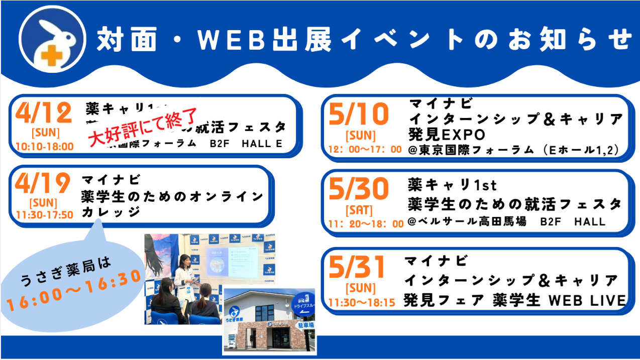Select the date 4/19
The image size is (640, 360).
(x=42, y=184)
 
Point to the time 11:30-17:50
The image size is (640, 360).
(x=44, y=215)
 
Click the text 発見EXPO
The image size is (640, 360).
(x=448, y=135)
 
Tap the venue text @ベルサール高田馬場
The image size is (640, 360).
(x=467, y=221)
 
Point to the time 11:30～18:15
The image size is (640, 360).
(x=362, y=303)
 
